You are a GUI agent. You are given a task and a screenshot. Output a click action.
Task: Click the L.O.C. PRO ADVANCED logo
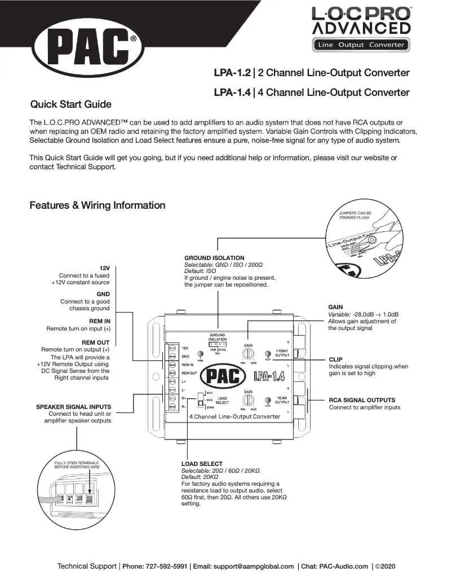tap(361, 28)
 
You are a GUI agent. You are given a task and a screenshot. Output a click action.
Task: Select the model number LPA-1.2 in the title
tap(232, 73)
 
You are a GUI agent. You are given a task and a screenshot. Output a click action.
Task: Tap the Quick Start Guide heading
tap(70, 104)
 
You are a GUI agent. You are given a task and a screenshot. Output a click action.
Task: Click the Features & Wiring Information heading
tap(98, 205)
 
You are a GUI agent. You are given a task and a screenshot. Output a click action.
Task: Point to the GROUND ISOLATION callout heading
tap(214, 258)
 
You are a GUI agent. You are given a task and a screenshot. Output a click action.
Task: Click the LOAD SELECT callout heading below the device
tap(202, 464)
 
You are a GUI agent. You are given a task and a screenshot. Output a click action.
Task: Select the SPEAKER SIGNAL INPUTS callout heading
tap(74, 406)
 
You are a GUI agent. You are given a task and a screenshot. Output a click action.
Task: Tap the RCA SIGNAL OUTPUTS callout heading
tap(366, 400)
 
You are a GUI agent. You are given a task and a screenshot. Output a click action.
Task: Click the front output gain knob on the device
tap(247, 354)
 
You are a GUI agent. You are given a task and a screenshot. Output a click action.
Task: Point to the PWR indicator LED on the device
tap(200, 354)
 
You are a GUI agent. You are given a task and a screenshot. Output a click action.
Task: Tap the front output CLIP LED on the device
tap(268, 354)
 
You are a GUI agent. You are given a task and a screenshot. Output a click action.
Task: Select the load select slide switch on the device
tap(200, 400)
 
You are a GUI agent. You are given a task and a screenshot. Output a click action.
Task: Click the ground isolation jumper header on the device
tap(217, 344)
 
